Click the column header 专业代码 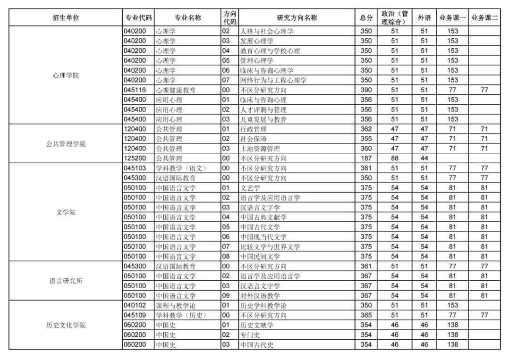138,18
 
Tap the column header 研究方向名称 297,18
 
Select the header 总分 366,18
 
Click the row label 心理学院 66,75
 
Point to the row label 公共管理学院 66,144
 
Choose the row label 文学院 66,212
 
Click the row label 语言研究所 66,281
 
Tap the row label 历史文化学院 66,325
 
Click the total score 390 366,90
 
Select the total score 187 366,159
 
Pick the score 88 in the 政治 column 395,159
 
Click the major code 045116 135,90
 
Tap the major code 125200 135,159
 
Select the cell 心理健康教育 176,90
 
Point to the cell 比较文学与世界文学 270,247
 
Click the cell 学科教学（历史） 181,315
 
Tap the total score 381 366,168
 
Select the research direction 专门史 250,335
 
